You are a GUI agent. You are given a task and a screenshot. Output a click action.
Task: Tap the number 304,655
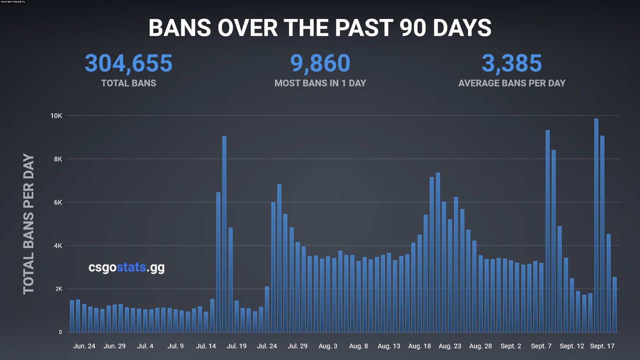[x=128, y=63]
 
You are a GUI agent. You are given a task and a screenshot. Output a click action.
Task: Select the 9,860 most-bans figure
[x=320, y=63]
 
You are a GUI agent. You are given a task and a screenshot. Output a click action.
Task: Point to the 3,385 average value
[x=512, y=63]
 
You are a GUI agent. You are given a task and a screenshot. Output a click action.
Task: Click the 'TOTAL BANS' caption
[x=128, y=83]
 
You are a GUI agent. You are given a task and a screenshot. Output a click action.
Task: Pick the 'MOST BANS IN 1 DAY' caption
[x=320, y=83]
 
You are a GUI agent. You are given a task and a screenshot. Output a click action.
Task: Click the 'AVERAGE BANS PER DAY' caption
[x=512, y=83]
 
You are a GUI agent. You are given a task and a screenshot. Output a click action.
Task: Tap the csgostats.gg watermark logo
[x=126, y=267]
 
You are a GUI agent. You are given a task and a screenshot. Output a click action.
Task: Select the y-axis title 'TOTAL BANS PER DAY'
[x=29, y=224]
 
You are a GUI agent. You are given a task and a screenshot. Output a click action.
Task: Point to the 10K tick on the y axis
[x=56, y=116]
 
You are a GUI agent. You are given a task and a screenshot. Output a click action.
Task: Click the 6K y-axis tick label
[x=58, y=202]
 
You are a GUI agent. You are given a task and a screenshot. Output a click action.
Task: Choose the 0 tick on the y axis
[x=60, y=332]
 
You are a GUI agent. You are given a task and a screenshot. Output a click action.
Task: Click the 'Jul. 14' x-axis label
[x=206, y=346]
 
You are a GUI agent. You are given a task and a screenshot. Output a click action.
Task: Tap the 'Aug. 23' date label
[x=450, y=346]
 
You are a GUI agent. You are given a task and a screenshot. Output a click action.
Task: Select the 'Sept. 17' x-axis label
[x=602, y=346]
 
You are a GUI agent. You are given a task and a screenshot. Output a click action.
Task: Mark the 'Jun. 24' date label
[x=84, y=346]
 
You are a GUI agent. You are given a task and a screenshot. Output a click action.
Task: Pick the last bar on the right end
[x=614, y=305]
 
